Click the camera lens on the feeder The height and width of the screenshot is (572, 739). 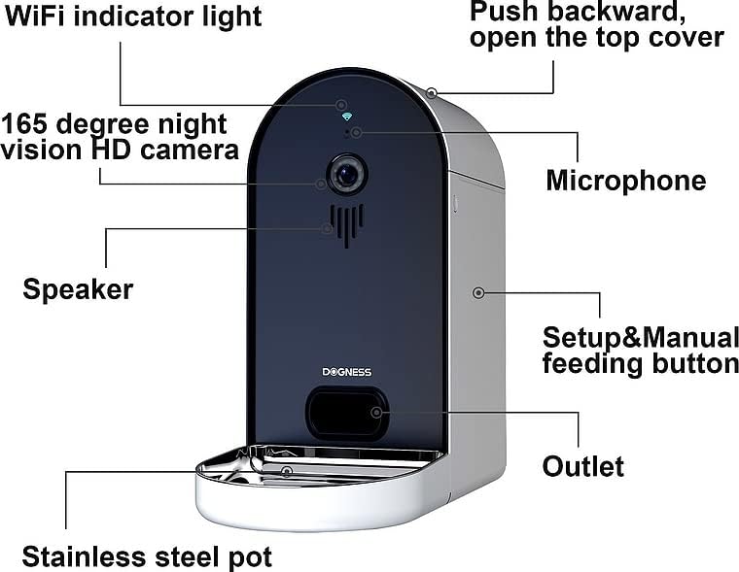[346, 175]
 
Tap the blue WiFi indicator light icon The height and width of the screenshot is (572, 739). [346, 115]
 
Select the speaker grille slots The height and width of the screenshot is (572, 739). [346, 223]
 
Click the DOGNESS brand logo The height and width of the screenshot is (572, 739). [346, 372]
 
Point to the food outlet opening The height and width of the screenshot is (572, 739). [346, 413]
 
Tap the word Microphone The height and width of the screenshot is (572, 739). [625, 181]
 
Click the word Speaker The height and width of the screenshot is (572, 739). [78, 289]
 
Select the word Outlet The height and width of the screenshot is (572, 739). [582, 466]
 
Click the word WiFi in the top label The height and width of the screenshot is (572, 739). [34, 17]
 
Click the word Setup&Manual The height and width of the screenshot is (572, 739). [640, 338]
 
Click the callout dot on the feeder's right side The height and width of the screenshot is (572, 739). [477, 292]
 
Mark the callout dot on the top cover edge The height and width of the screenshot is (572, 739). [431, 93]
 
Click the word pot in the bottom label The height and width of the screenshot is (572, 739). [250, 557]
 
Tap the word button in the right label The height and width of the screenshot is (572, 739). [698, 364]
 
